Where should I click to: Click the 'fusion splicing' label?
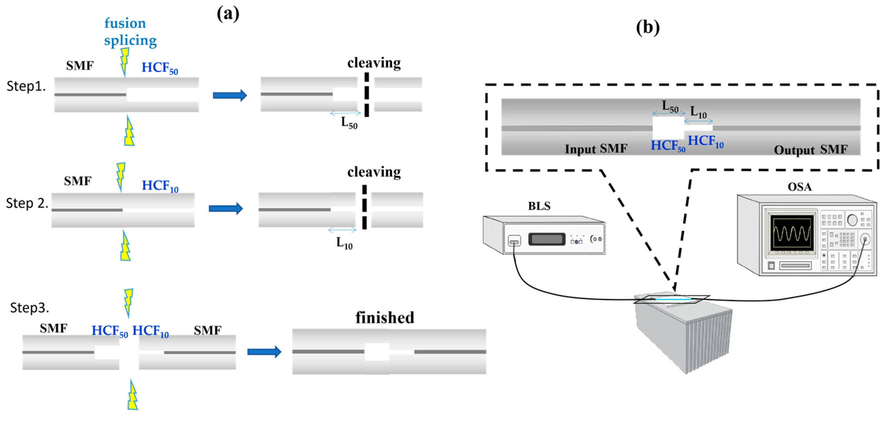(x=130, y=32)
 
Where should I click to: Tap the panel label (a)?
(x=228, y=14)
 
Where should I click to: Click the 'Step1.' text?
(x=26, y=86)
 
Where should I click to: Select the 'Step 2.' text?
(x=27, y=203)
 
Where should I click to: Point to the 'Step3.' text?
(x=29, y=307)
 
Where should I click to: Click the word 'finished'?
(x=384, y=318)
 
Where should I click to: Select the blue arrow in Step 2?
(x=226, y=208)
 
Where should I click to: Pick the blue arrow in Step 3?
(x=264, y=352)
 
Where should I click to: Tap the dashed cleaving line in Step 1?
(x=367, y=94)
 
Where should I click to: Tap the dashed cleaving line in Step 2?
(x=364, y=207)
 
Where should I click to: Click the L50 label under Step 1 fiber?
(x=349, y=123)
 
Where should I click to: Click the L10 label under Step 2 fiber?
(x=344, y=243)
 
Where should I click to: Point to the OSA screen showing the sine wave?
(x=791, y=233)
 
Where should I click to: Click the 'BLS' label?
(x=539, y=206)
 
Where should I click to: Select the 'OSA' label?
(x=799, y=187)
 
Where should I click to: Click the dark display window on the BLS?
(x=546, y=239)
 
